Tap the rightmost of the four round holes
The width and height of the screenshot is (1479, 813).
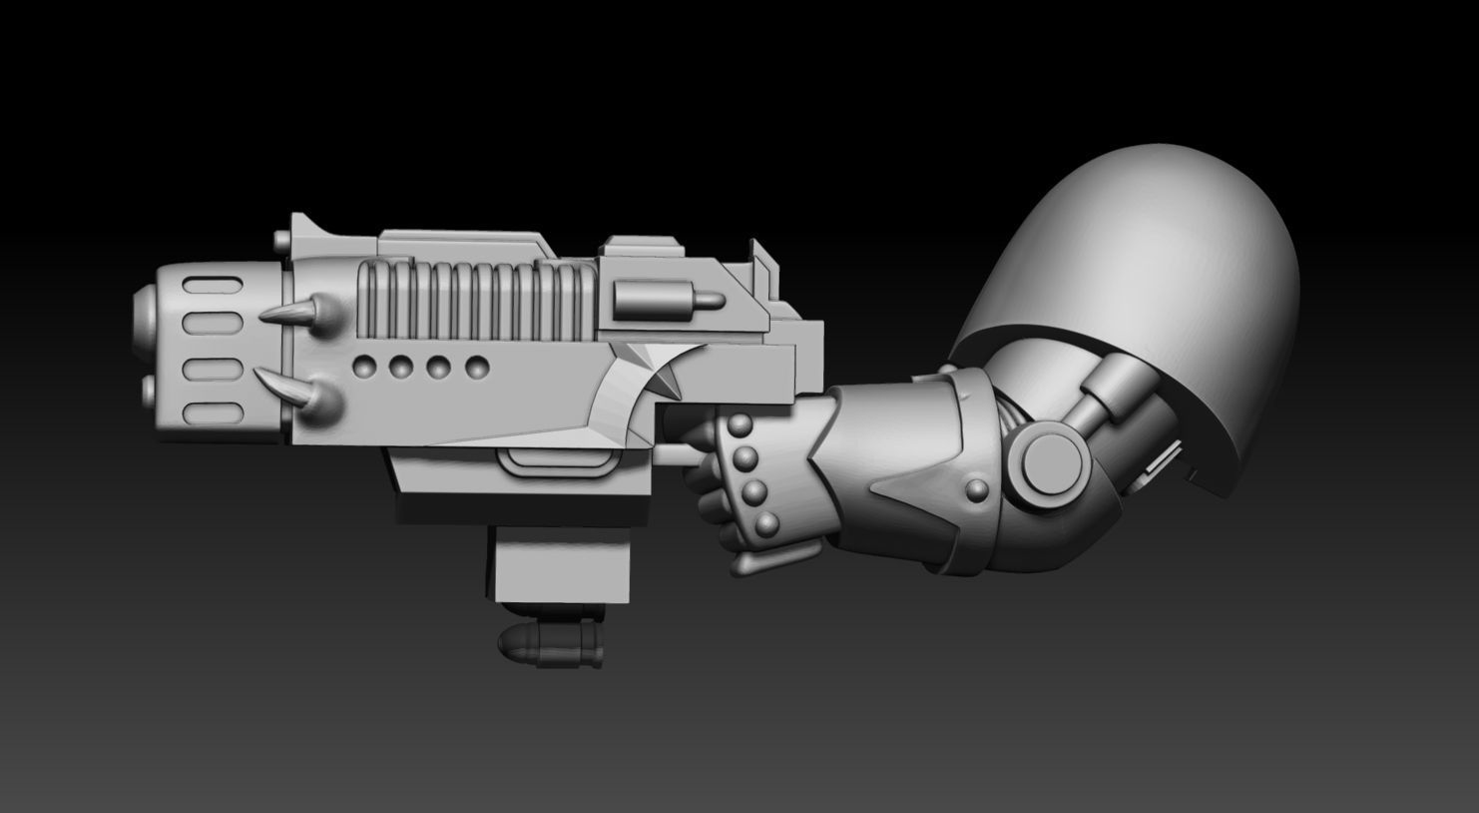pyautogui.click(x=478, y=367)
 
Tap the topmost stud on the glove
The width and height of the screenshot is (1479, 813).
pyautogui.click(x=739, y=428)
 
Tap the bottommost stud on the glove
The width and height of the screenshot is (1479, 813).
pyautogui.click(x=768, y=524)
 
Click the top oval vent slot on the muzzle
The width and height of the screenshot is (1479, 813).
pyautogui.click(x=211, y=289)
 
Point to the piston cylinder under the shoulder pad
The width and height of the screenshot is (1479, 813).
pyautogui.click(x=1108, y=390)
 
